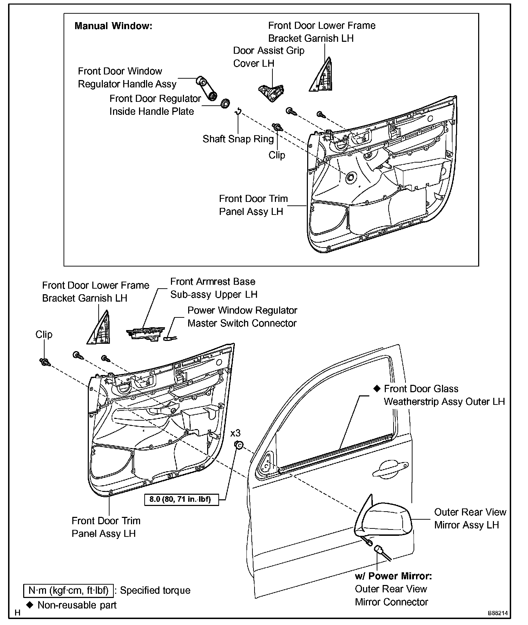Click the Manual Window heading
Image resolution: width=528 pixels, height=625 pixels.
[x=113, y=26]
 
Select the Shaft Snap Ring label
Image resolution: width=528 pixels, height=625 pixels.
[x=238, y=139]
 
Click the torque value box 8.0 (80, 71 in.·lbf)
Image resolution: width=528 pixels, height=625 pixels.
[x=181, y=499]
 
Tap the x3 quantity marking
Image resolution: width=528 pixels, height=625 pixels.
[x=236, y=433]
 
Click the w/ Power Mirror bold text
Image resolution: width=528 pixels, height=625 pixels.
[x=393, y=576]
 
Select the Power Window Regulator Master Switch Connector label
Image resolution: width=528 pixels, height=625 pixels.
[x=242, y=317]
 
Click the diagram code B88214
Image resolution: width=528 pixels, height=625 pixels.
[x=497, y=613]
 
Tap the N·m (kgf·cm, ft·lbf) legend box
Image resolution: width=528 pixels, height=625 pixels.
[x=68, y=590]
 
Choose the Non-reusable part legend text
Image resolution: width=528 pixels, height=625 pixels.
[x=77, y=605]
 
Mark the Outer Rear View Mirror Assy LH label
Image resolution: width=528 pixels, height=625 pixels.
[x=470, y=518]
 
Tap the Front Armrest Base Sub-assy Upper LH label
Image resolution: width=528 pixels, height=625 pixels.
[x=213, y=288]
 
